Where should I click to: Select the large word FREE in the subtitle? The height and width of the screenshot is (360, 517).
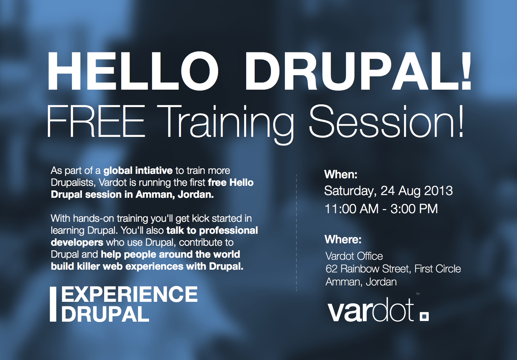point(96,121)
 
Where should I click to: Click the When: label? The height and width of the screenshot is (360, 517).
point(341,175)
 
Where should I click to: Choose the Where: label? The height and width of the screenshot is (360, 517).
point(343,240)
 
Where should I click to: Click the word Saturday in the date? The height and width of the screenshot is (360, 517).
point(349,191)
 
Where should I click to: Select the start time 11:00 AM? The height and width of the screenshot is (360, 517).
point(351,209)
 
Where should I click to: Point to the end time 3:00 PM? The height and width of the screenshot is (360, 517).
point(414,209)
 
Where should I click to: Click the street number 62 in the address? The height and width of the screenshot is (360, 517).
point(331,269)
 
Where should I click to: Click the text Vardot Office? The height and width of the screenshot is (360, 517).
point(354,256)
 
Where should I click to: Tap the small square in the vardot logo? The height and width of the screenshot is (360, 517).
point(424,317)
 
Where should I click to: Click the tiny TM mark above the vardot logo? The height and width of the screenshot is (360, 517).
point(418,294)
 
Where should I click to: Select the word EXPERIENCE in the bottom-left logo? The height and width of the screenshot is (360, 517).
point(129,294)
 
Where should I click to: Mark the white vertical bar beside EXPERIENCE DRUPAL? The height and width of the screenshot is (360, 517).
point(53,304)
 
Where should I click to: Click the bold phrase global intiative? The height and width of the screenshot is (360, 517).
point(138,170)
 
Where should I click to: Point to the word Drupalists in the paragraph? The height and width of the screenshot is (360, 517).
point(73,182)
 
